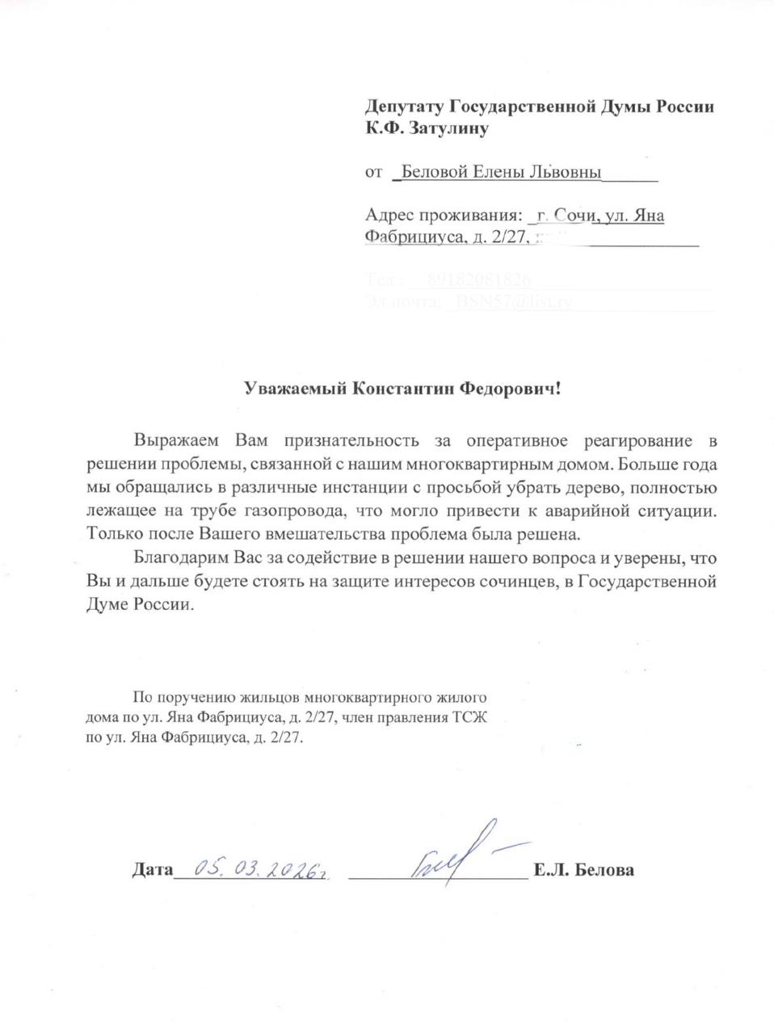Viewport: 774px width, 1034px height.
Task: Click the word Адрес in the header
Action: (x=390, y=215)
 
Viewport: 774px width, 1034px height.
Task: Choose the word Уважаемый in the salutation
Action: (x=297, y=389)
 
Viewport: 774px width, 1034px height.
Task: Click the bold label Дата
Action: (x=152, y=870)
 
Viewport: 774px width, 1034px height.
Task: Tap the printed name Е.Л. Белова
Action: (x=583, y=870)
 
